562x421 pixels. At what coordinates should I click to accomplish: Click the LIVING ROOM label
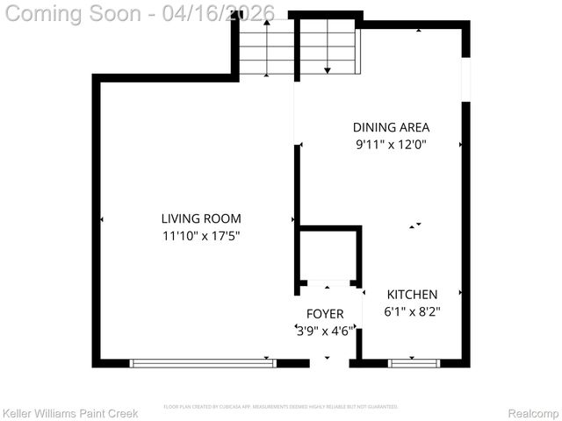tap(200, 218)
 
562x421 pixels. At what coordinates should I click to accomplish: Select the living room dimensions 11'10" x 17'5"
tap(200, 235)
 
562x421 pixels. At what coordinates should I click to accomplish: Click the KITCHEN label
tap(412, 295)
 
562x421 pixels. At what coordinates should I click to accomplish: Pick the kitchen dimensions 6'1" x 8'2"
tap(412, 311)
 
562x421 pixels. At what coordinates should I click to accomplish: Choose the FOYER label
tap(325, 314)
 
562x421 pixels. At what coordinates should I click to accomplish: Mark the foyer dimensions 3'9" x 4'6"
tap(325, 331)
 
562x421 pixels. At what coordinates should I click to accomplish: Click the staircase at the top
tap(299, 48)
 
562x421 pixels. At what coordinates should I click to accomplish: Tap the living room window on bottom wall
tap(202, 362)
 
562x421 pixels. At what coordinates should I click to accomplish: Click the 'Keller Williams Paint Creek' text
tap(70, 413)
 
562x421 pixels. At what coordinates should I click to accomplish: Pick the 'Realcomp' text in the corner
tap(533, 413)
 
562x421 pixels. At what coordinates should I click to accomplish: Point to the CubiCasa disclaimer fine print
tap(281, 407)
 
